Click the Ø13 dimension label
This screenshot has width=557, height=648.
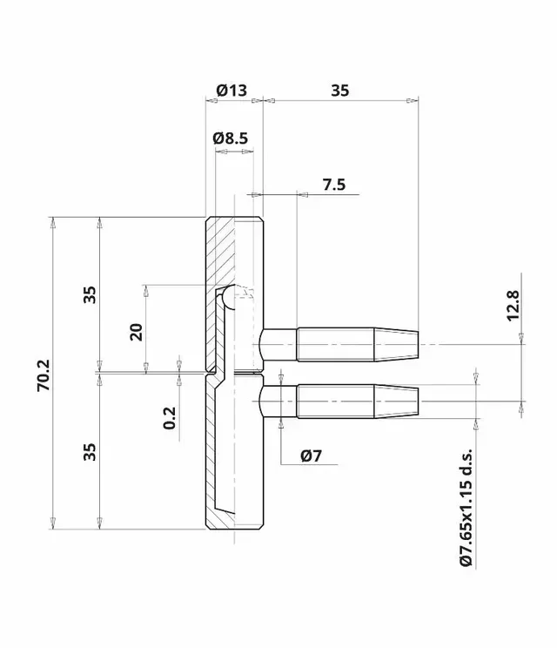point(231,91)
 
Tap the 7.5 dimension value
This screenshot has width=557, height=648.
point(333,184)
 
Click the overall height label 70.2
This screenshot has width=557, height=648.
point(44,374)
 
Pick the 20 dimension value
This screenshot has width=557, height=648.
point(136,331)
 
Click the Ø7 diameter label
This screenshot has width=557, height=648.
point(311,456)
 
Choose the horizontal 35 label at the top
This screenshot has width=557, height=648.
point(340,91)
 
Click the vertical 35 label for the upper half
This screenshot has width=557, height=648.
point(90,296)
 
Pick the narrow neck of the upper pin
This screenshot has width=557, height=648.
point(278,344)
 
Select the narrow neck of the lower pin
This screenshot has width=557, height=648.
point(278,402)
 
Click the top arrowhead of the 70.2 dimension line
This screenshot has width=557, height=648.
point(54,224)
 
